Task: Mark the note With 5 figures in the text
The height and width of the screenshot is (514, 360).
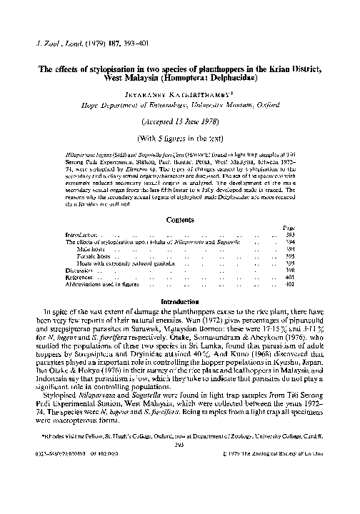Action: tap(180, 136)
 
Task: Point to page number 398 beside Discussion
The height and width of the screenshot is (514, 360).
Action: tap(290, 271)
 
